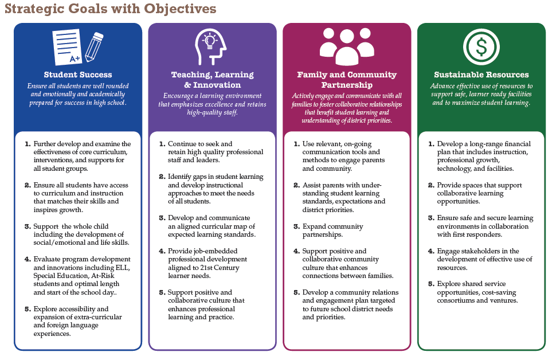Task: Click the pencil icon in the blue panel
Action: (94, 47)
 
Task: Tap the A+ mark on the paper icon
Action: (75, 58)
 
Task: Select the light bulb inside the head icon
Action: (210, 41)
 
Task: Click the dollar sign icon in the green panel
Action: (481, 47)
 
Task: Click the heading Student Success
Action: (78, 75)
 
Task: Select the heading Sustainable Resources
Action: (481, 75)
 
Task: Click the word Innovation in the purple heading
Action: (217, 85)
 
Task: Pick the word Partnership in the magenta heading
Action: (347, 85)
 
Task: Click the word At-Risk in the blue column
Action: (103, 276)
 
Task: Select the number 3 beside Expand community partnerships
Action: (296, 226)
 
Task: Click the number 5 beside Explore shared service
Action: (431, 284)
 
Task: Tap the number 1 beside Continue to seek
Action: (162, 144)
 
